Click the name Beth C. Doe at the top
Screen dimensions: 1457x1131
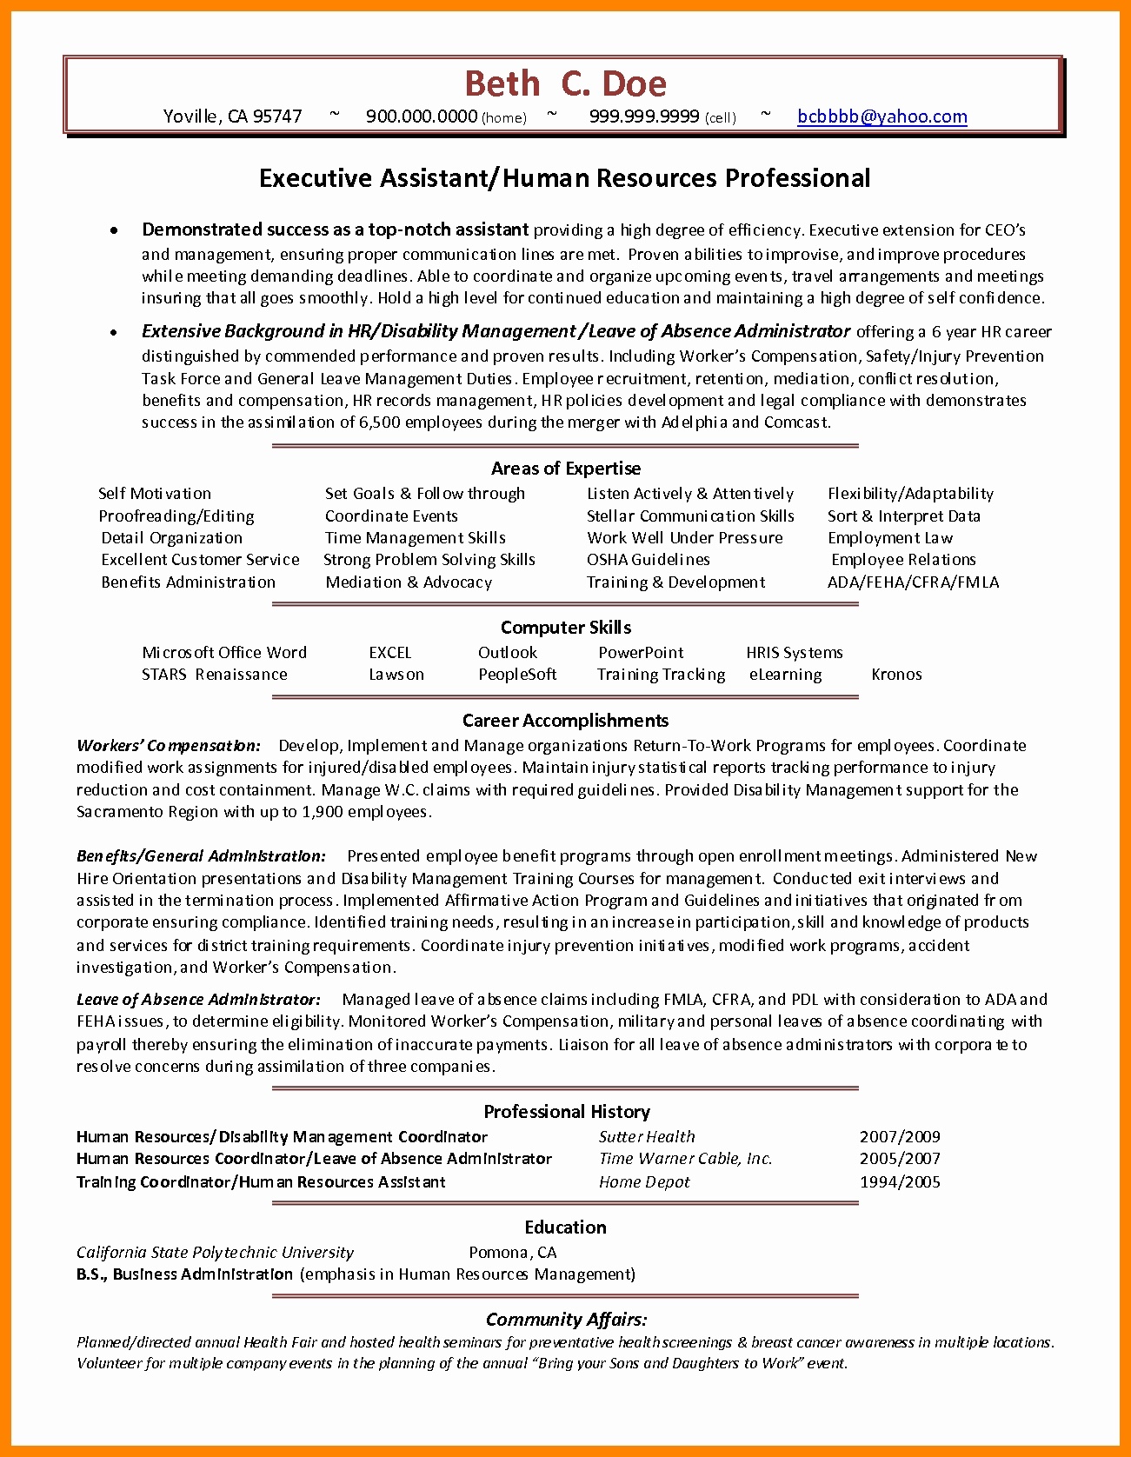pos(565,84)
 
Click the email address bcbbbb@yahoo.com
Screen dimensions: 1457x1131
pos(882,116)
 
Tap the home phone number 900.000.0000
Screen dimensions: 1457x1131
pos(422,116)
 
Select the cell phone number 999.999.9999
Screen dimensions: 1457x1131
pos(644,116)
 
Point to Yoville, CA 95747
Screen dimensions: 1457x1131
pos(232,116)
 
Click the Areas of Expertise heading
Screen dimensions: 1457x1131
pos(565,469)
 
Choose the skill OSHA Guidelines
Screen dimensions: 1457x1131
pos(648,560)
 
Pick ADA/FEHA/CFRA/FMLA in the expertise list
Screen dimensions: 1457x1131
pos(913,582)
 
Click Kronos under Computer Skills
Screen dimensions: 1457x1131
pos(896,675)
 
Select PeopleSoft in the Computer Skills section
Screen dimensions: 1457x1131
pos(516,675)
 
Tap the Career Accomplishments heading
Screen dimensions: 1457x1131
pos(565,721)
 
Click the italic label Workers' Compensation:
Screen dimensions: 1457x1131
pos(169,746)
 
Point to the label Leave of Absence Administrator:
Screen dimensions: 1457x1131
pos(198,1000)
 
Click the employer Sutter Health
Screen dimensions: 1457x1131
pos(647,1137)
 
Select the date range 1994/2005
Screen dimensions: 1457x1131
pos(900,1182)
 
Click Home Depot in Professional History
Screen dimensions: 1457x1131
pos(644,1182)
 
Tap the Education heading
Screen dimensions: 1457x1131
pos(565,1227)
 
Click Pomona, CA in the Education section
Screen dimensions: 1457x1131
pos(512,1253)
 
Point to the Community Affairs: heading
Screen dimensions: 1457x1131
pos(565,1320)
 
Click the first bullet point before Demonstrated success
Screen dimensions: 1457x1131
pos(114,230)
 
